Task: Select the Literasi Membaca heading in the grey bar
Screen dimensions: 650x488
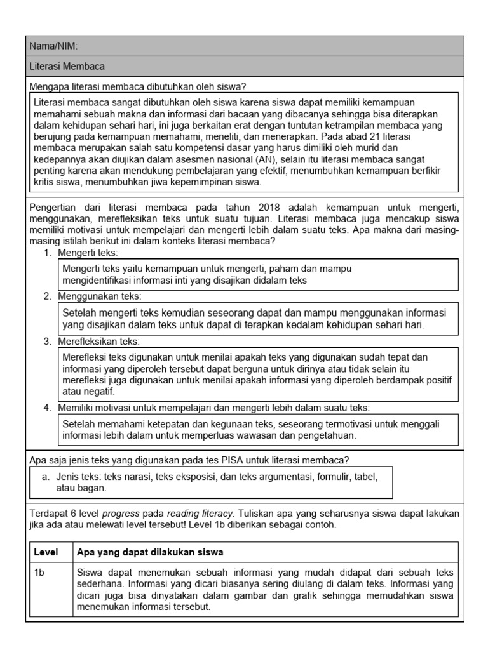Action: [x=67, y=66]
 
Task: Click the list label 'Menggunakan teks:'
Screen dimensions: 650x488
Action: [x=100, y=296]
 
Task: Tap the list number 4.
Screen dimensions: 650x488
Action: [x=47, y=408]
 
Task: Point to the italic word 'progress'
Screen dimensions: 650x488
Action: [x=121, y=514]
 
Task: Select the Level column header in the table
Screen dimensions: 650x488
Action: [x=45, y=552]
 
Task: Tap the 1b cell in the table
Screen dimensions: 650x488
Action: [x=39, y=572]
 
